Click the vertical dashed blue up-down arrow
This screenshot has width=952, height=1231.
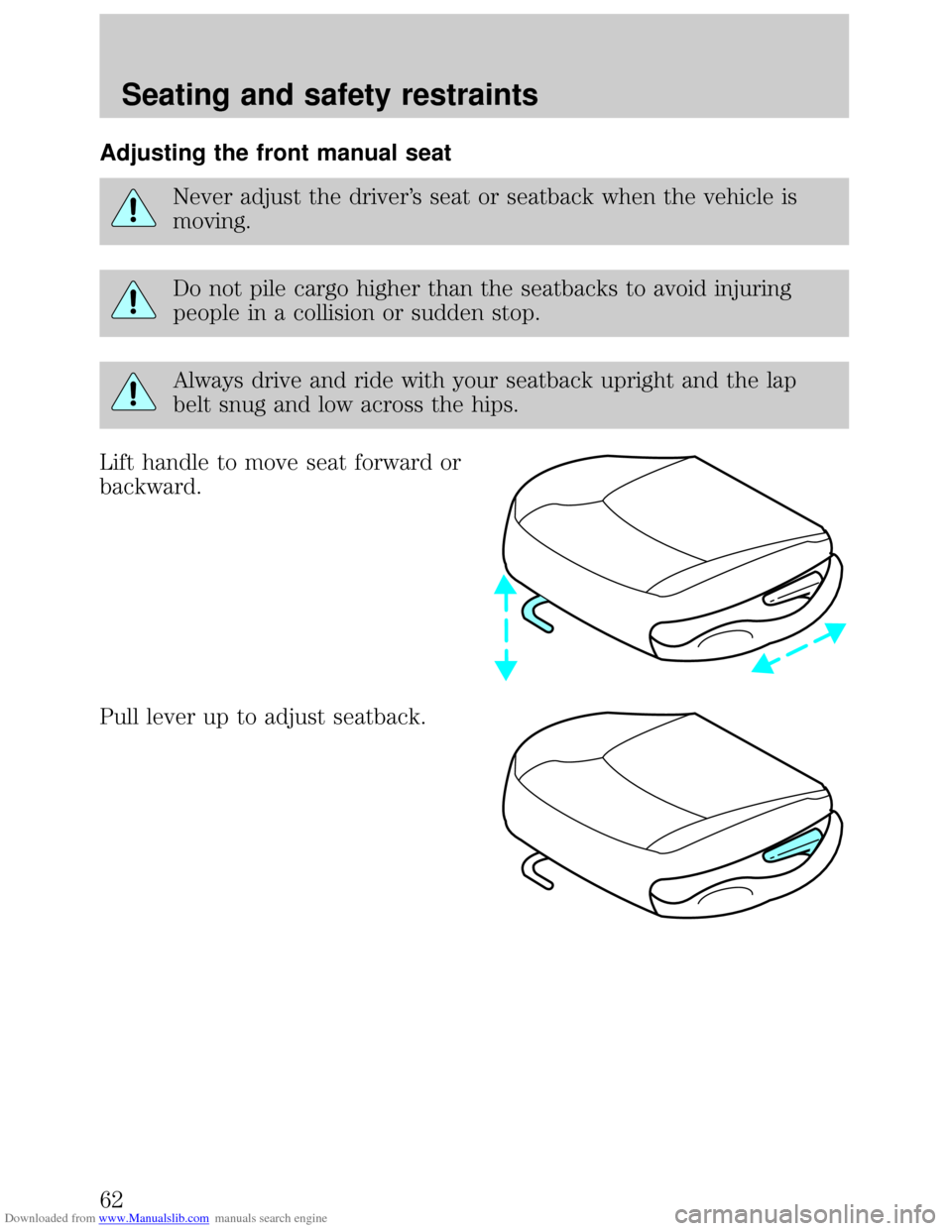coord(506,627)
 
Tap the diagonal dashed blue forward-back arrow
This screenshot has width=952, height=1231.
coord(798,648)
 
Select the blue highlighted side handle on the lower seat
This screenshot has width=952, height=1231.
coord(794,845)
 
